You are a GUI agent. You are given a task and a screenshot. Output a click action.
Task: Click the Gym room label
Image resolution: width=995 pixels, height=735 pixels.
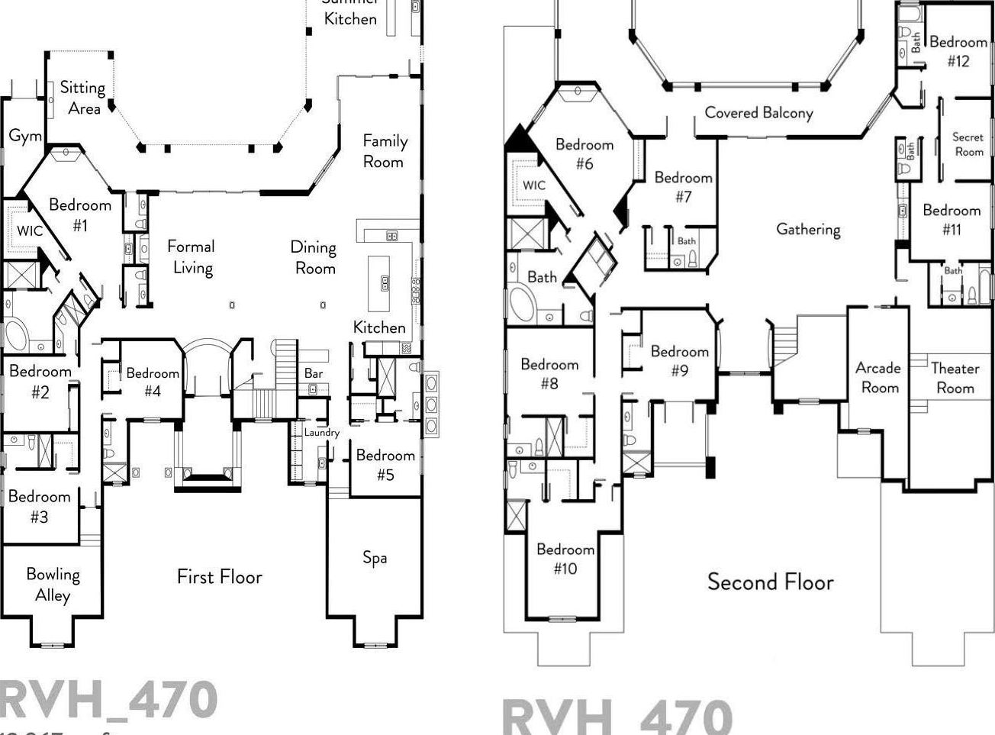[25, 136]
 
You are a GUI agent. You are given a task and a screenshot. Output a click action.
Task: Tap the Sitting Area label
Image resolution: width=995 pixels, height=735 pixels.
[82, 98]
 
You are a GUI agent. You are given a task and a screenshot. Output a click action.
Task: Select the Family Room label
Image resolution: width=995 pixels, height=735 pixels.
[385, 151]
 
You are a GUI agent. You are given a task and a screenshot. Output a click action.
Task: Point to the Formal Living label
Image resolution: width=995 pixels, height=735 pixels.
[191, 256]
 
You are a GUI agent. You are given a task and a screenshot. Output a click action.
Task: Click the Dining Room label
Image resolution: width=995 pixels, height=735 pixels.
[314, 257]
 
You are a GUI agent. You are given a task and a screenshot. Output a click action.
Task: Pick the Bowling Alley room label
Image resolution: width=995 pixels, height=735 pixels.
[53, 585]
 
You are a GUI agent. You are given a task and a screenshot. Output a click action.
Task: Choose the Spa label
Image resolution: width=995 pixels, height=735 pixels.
[375, 557]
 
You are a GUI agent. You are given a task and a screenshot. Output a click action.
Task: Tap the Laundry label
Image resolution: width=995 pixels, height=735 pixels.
[321, 432]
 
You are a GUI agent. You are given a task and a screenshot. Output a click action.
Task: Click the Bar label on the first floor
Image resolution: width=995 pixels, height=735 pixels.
[314, 373]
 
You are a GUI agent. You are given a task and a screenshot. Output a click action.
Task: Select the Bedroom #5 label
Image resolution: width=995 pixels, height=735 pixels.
[385, 465]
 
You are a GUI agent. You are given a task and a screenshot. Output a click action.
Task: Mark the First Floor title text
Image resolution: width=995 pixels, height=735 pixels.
[220, 576]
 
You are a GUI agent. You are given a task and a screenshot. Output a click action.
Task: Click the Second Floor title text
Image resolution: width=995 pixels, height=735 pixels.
[770, 582]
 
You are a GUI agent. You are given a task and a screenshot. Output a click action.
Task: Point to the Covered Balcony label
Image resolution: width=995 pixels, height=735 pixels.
[758, 113]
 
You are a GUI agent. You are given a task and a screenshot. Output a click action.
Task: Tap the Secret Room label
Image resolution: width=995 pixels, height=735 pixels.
[968, 144]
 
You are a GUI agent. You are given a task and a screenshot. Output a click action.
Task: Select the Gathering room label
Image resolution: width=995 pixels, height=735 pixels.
[808, 229]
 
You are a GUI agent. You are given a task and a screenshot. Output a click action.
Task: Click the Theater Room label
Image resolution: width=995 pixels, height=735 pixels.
[955, 378]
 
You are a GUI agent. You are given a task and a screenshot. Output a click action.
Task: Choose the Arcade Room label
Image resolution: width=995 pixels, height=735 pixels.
[878, 377]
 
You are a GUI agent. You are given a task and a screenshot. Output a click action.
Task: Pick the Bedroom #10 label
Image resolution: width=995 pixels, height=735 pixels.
[565, 559]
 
